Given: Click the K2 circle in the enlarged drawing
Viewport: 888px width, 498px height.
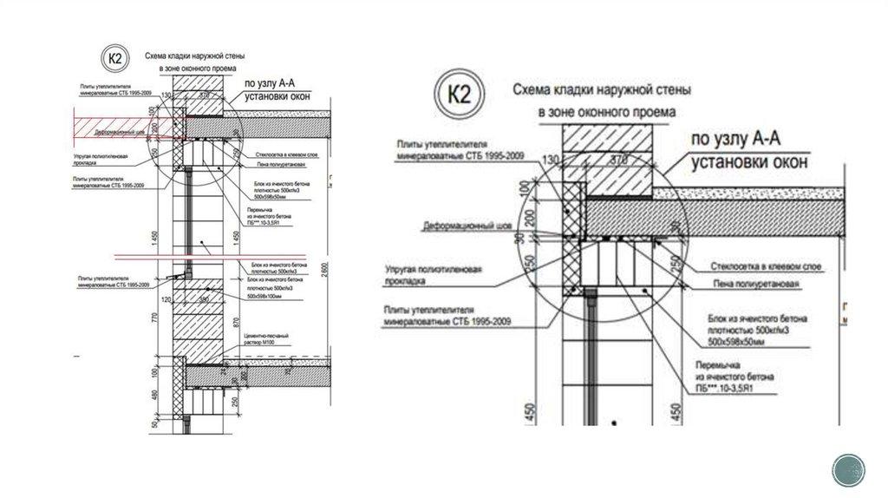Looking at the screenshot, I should tap(460, 95).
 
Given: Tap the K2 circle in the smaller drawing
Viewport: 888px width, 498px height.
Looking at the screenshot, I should tap(114, 58).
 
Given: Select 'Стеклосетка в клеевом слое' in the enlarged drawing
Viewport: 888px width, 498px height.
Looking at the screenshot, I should tap(764, 265).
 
